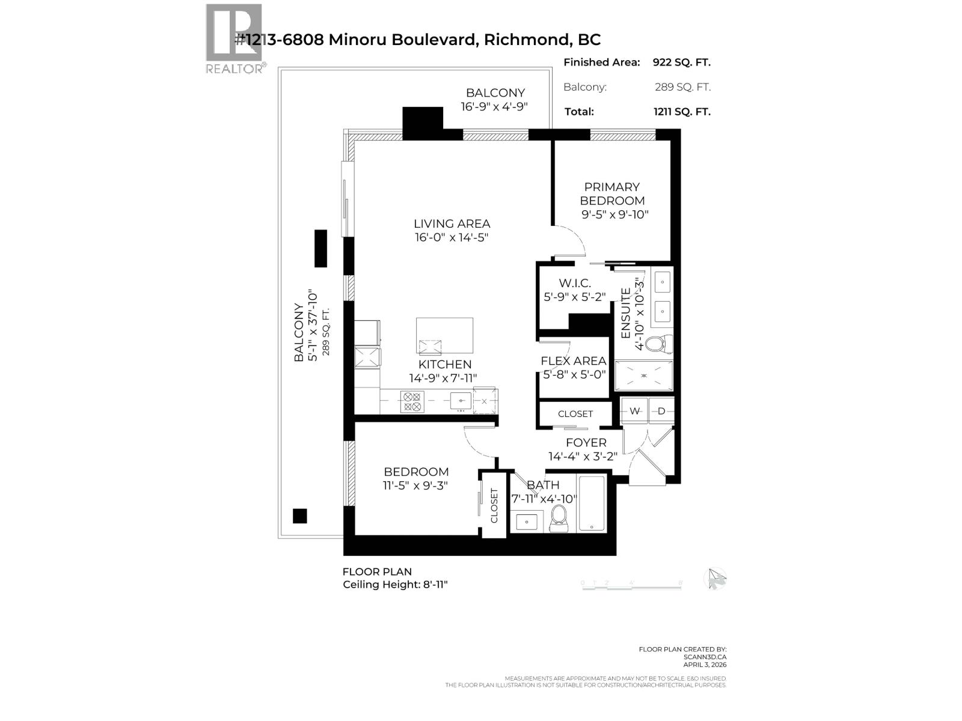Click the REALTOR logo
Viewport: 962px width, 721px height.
coord(234,37)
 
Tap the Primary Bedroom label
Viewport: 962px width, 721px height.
coord(612,193)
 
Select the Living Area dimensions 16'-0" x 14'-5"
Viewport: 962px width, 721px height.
coord(451,237)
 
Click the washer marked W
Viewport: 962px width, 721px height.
coord(635,411)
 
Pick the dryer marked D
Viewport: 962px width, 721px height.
coord(661,411)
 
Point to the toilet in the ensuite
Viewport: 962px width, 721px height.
coord(654,344)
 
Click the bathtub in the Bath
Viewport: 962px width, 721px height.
coord(593,503)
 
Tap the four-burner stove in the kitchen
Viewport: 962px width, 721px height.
coord(412,401)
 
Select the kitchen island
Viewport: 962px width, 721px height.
coord(444,336)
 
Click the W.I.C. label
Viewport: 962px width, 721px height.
coord(574,283)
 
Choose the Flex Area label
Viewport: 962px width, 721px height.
coord(573,361)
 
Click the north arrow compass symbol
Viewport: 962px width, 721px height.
coord(715,579)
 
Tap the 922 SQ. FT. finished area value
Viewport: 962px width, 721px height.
coord(681,62)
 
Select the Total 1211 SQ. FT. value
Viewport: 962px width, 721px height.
coord(681,111)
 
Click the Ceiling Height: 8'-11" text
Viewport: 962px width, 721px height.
coord(395,585)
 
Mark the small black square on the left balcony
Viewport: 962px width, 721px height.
coord(299,516)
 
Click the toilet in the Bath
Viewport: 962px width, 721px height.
coord(559,518)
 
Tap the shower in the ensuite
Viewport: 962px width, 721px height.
coord(644,376)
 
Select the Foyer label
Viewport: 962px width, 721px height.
coord(586,443)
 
